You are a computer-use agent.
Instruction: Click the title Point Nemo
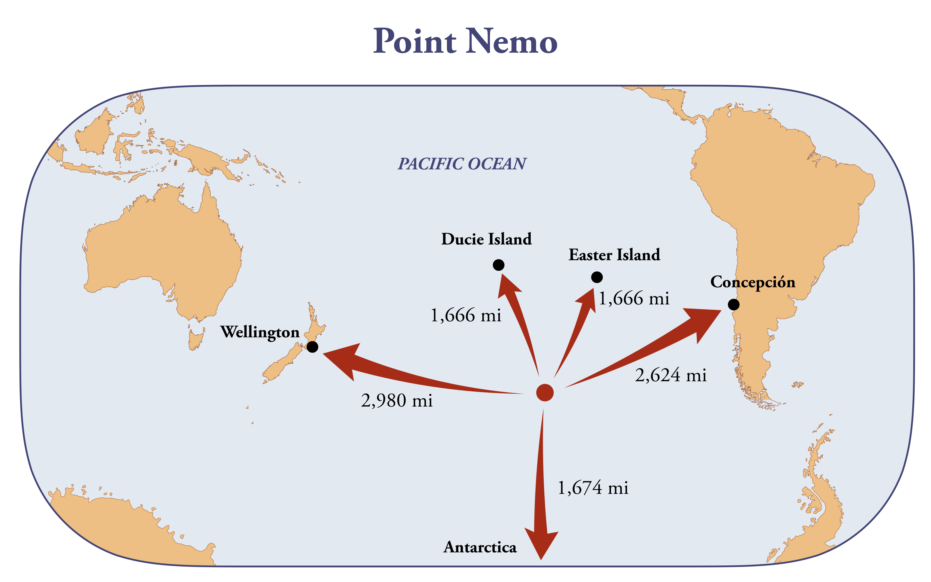[465, 41]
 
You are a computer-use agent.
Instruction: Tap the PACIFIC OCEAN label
[462, 164]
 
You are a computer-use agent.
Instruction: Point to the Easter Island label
[614, 255]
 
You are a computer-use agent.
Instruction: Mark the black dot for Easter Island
[597, 277]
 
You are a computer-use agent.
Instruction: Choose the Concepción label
[752, 283]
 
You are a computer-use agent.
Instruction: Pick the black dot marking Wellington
[312, 347]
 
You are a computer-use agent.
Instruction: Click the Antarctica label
[480, 547]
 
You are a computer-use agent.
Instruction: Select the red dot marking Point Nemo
[545, 392]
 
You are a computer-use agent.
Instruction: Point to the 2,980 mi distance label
[397, 401]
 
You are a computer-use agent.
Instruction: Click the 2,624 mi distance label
[671, 375]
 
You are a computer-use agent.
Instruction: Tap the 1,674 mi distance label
[593, 488]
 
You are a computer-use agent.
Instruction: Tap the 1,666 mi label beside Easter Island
[634, 299]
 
